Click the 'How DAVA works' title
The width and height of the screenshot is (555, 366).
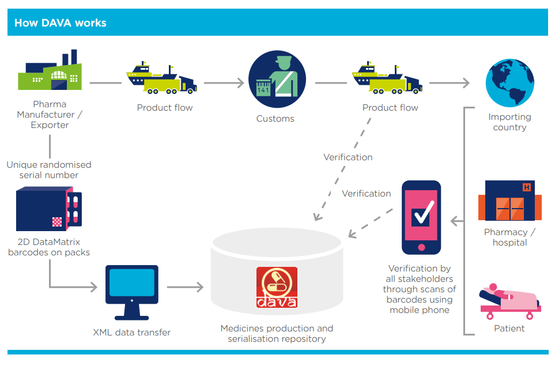click(x=60, y=23)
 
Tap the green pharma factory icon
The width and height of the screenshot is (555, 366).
click(x=50, y=73)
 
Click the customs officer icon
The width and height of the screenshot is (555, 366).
click(x=277, y=81)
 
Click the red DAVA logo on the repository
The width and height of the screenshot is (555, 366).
click(x=277, y=287)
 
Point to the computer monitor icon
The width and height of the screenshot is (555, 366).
click(x=131, y=291)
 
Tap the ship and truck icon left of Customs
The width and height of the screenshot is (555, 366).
click(x=162, y=80)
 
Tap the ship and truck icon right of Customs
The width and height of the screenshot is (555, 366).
click(x=387, y=80)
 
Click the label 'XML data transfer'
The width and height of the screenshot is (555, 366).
click(x=131, y=333)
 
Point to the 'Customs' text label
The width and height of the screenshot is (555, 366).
click(x=275, y=119)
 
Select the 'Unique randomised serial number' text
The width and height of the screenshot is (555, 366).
click(x=49, y=170)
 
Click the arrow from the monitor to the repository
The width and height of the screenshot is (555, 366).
click(x=186, y=286)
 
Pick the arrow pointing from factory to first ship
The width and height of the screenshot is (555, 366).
click(x=106, y=83)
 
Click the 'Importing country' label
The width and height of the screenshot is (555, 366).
click(x=509, y=122)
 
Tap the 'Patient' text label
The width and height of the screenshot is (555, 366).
click(x=509, y=329)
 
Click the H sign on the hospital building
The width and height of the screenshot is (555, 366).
click(x=527, y=187)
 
